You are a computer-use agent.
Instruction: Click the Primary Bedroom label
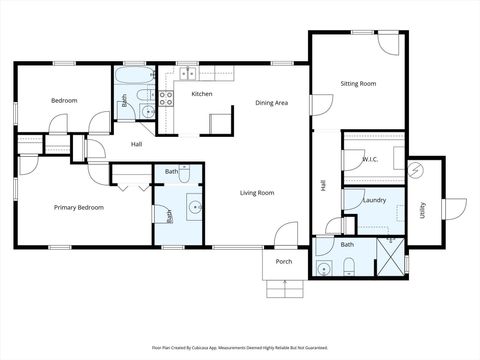(77, 208)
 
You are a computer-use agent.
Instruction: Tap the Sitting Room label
(358, 84)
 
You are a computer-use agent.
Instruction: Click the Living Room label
(257, 192)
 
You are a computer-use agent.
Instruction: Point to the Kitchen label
(202, 94)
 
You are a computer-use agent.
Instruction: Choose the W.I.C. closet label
(368, 159)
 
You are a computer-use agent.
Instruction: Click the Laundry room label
(375, 200)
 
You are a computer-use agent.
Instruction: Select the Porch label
(284, 263)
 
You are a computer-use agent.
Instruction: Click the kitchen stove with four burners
(166, 98)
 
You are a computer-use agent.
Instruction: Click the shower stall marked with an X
(389, 257)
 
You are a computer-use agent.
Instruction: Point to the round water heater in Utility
(420, 170)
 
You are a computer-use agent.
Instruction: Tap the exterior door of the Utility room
(455, 209)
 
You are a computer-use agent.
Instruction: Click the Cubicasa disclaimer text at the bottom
(239, 347)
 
